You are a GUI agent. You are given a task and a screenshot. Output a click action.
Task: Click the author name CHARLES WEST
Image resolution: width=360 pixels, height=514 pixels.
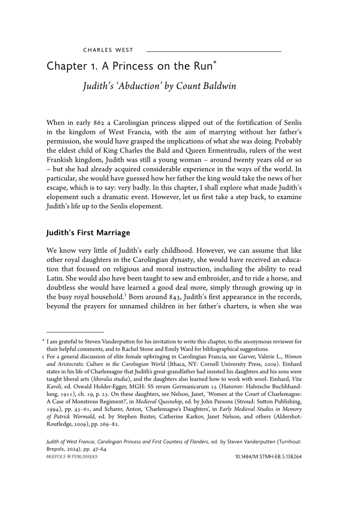(108, 51)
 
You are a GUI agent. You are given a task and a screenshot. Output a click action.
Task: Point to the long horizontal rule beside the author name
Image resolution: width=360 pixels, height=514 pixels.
(213, 51)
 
